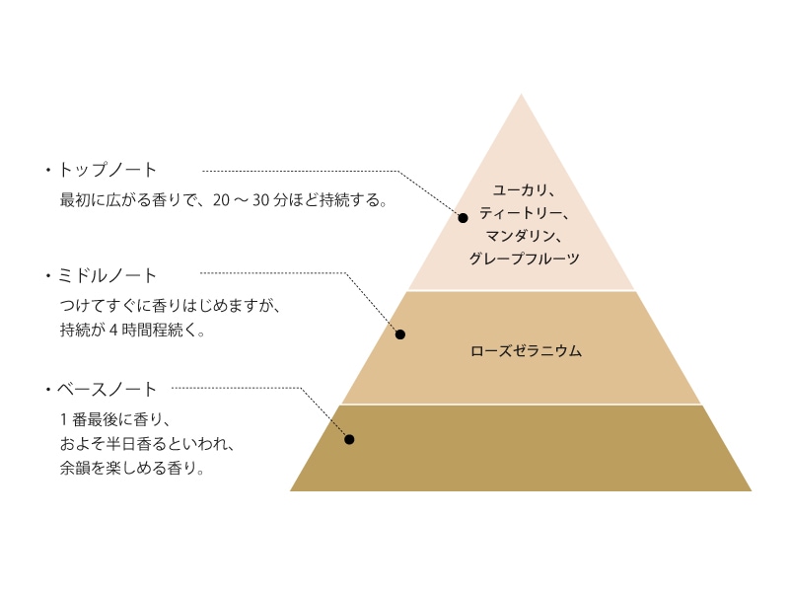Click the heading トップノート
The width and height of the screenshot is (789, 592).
click(108, 170)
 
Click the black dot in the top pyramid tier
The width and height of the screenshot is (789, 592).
click(463, 217)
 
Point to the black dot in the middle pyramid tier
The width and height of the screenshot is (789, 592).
click(400, 334)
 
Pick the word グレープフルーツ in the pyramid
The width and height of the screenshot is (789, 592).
click(521, 259)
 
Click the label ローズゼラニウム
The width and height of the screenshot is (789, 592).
click(521, 350)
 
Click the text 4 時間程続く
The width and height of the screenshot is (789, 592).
click(152, 331)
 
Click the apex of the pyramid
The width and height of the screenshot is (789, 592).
click(521, 96)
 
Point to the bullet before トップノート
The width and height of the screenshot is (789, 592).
click(46, 171)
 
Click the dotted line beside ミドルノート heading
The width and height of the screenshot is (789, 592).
click(271, 272)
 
